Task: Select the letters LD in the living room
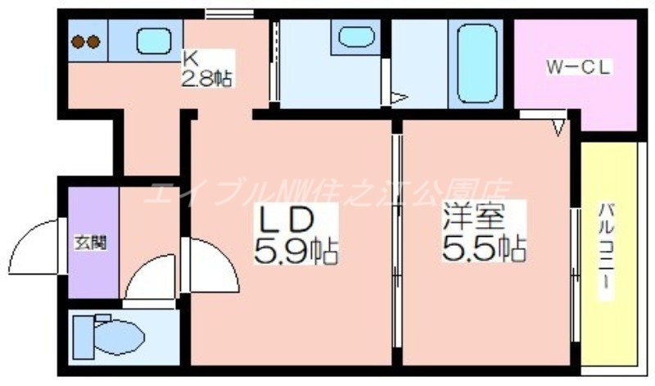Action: coord(287,220)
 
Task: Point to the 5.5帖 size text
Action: coord(484,247)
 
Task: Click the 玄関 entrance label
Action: coord(90,243)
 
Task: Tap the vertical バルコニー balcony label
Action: coord(606,251)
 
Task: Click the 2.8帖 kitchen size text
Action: coord(206,78)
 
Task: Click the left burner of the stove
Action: coord(79,40)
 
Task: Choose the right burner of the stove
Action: coord(95,40)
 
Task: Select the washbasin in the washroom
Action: coord(355,36)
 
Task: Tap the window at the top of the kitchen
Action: coord(229,13)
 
